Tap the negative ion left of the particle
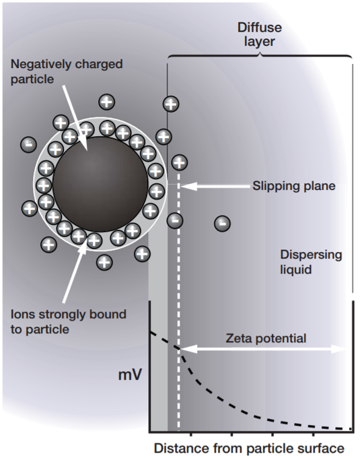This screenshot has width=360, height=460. coord(28,144)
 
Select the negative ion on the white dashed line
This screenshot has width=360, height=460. coord(175,220)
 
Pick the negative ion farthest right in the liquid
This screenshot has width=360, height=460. coord(223,224)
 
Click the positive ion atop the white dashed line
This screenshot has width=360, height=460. coord(180,162)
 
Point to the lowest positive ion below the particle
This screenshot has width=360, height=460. coord(104,262)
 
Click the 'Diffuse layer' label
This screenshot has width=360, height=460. coord(260,34)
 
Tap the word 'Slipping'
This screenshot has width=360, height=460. coord(273,186)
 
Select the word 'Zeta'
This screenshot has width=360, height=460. coord(239,338)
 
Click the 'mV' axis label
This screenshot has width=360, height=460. coord(130,374)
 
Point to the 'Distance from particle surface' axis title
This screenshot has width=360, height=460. coord(249,449)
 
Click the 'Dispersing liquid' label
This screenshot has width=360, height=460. coord(311,262)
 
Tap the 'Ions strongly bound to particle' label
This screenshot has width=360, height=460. coord(69,322)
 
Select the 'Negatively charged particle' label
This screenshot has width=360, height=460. coord(67,71)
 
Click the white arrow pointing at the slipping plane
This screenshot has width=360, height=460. coord(215,186)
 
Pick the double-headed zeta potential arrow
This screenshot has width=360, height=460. coord(263,349)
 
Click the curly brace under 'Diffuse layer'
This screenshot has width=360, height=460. coord(260,55)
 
